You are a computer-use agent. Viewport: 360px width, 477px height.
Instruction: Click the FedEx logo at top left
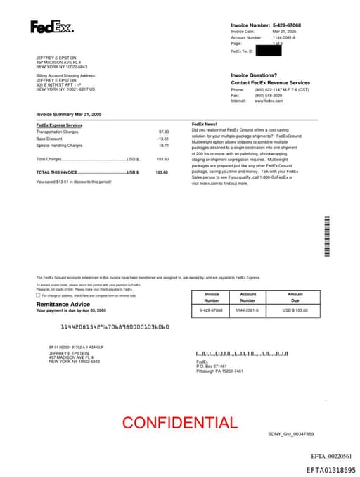coord(51,27)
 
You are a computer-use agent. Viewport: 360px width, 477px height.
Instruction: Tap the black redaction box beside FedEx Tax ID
coord(268,51)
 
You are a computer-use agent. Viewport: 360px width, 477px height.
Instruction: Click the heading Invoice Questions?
coord(254,75)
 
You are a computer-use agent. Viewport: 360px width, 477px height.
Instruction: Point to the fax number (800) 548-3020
coord(269,96)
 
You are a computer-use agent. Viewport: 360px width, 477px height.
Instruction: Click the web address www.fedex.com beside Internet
coord(269,101)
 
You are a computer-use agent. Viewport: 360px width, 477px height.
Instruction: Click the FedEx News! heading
coord(204,125)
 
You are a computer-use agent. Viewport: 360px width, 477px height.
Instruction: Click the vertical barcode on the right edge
coord(326,236)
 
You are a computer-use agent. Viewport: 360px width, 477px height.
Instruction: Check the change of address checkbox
coord(38,295)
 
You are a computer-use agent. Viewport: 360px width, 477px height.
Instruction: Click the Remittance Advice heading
coord(63,304)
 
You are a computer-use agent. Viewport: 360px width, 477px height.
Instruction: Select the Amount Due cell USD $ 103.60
coord(295,310)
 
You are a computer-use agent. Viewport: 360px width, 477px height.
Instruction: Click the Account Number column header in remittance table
coord(247,297)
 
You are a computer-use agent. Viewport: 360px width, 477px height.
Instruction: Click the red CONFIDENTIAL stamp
coord(180,423)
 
